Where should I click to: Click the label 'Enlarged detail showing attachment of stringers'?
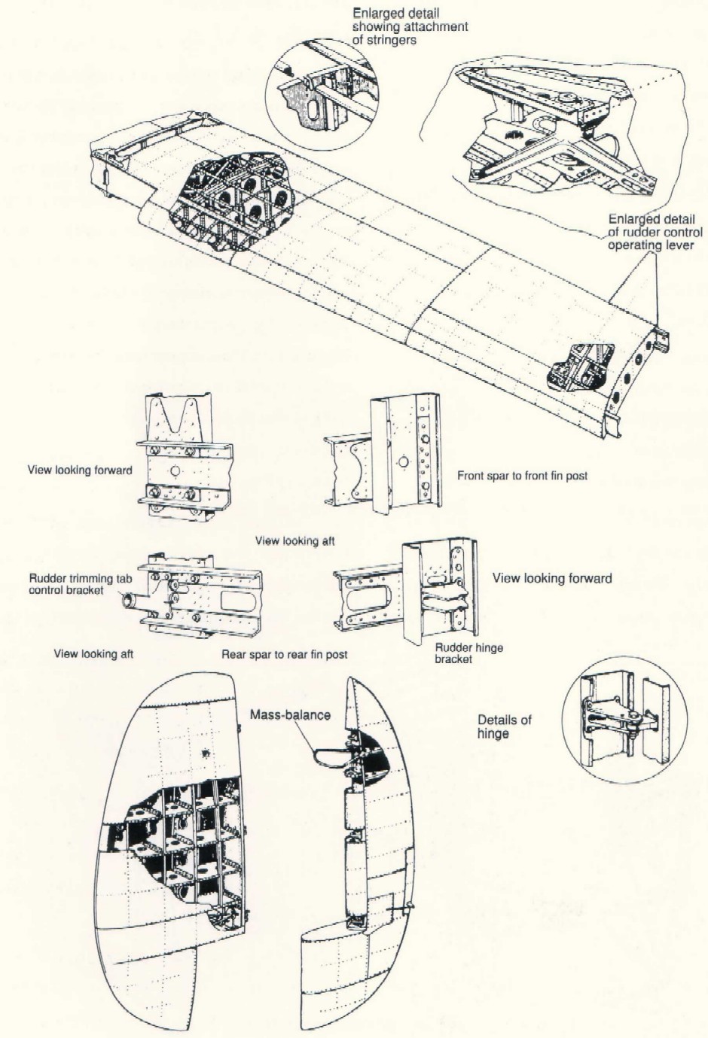coord(410,26)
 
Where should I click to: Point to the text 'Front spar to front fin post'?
coord(522,476)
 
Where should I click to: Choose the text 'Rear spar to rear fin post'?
coord(285,654)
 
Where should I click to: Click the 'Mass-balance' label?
coord(290,714)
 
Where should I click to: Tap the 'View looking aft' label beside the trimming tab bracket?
coord(93,653)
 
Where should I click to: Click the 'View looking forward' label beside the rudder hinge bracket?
coord(551,578)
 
